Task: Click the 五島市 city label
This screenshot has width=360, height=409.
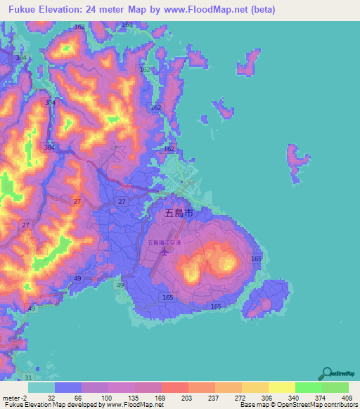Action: (178, 212)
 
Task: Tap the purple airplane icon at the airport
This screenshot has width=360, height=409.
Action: (165, 251)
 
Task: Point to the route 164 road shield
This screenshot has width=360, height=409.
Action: (127, 25)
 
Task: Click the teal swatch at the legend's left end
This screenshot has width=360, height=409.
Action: (41, 387)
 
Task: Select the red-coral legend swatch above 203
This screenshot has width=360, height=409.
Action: (175, 387)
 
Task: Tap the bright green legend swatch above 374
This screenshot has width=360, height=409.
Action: (309, 387)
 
